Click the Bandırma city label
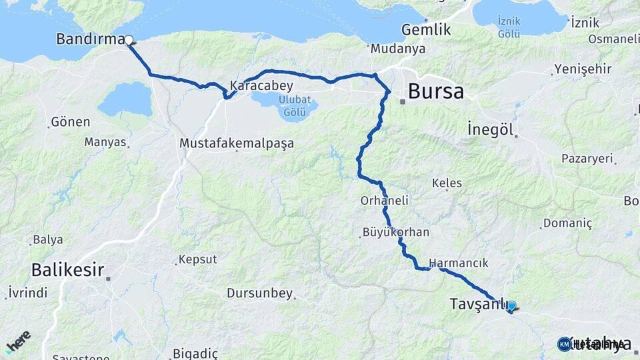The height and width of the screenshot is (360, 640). click(x=90, y=39)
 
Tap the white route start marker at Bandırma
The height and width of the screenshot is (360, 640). click(x=128, y=40)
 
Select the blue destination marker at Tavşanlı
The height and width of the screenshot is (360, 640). click(x=511, y=307)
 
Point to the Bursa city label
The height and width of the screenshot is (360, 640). click(x=435, y=91)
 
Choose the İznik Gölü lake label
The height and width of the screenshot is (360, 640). click(x=509, y=27)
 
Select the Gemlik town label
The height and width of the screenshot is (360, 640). click(x=427, y=30)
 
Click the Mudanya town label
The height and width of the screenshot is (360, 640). click(x=398, y=49)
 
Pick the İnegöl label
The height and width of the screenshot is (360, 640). click(x=490, y=129)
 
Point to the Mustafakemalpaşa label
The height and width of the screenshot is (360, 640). click(x=237, y=143)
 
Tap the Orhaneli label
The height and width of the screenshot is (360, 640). click(x=384, y=200)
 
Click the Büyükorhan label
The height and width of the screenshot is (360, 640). click(x=396, y=233)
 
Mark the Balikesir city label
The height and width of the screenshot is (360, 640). click(x=67, y=270)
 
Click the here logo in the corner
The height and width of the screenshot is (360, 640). click(x=17, y=342)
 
